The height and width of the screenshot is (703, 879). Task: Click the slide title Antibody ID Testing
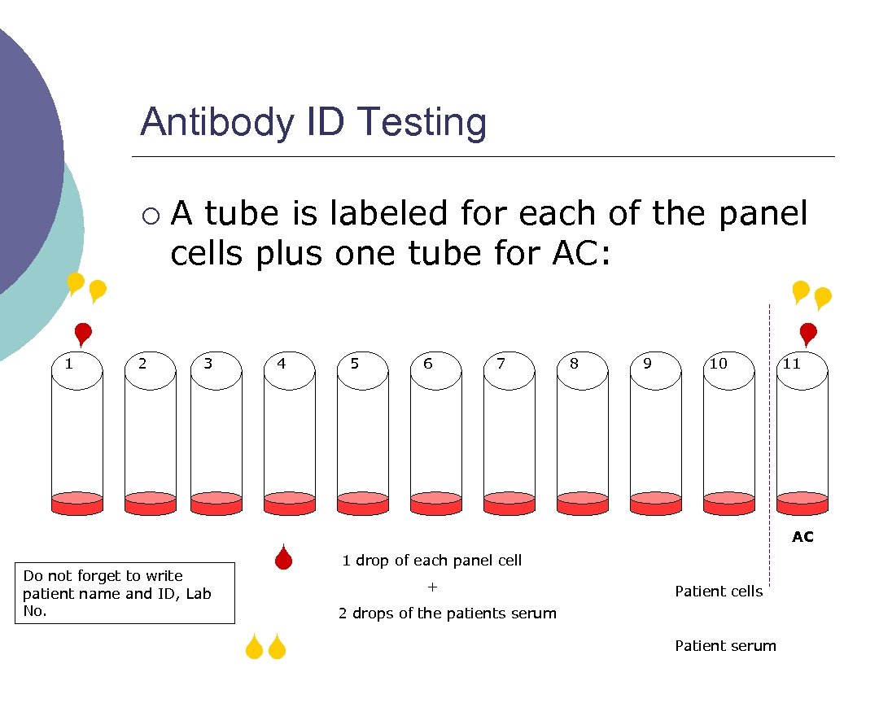coord(313,123)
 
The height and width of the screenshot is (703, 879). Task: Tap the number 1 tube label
coord(69,363)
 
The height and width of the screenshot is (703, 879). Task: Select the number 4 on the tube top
coord(282,363)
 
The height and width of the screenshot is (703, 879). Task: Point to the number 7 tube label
coord(501,363)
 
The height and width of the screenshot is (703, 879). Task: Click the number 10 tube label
coord(718,363)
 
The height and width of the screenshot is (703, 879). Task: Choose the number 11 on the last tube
coord(791,363)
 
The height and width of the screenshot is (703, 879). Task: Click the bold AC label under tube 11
coord(802,537)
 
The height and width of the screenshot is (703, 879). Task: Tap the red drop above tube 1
coord(82,334)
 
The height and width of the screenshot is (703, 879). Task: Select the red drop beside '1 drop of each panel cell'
coord(282,557)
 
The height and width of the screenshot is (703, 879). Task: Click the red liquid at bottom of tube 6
coord(436,504)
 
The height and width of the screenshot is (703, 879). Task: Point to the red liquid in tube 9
coord(656,504)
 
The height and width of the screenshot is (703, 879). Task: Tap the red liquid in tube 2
coord(150,504)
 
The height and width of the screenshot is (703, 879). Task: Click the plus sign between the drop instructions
coord(432,587)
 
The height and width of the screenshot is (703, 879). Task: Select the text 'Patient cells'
coord(719,592)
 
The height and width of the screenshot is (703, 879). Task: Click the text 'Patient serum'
coord(725,646)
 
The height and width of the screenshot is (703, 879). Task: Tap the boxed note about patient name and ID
coord(125,593)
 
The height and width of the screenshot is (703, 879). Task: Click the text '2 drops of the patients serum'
coord(448,613)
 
